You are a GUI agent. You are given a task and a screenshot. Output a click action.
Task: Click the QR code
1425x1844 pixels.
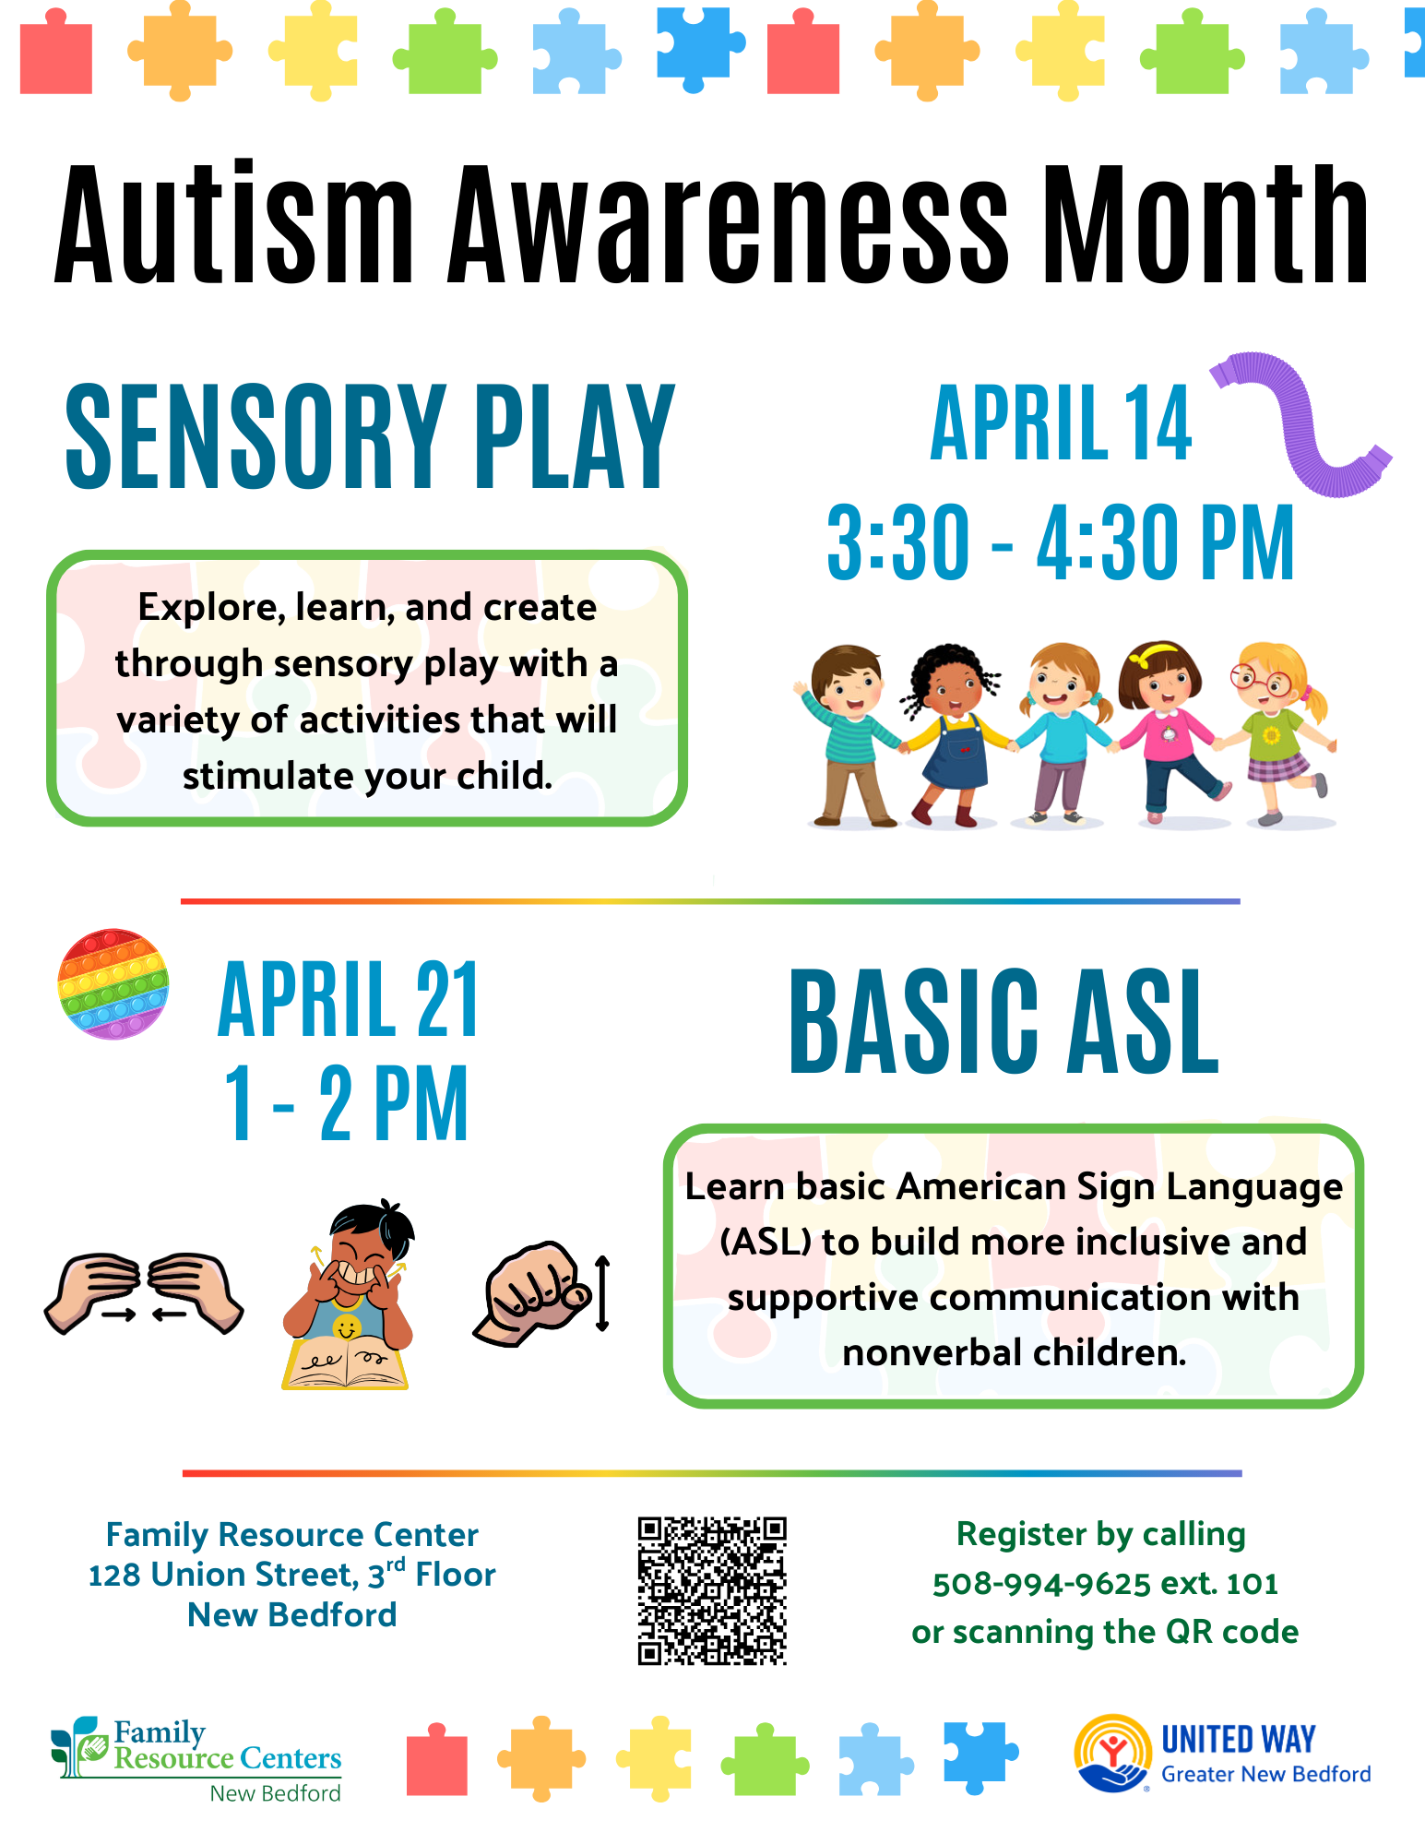click(712, 1590)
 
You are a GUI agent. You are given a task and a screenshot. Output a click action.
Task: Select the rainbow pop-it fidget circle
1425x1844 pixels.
click(113, 983)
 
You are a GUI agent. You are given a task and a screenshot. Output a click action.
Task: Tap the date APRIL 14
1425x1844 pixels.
click(1061, 423)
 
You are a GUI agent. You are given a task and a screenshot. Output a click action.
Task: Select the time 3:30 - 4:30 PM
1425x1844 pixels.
click(1061, 542)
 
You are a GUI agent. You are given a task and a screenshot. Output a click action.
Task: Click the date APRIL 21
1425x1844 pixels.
click(349, 999)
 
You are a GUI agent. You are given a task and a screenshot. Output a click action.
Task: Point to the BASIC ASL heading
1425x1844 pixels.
click(1004, 1022)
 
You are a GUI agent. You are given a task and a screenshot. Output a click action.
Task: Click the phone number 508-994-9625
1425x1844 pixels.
click(1041, 1583)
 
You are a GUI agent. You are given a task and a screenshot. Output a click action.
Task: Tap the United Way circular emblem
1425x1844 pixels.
click(1112, 1753)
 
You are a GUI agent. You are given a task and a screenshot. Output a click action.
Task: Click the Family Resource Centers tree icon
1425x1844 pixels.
click(77, 1746)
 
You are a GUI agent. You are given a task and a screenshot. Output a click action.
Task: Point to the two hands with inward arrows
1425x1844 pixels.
click(144, 1292)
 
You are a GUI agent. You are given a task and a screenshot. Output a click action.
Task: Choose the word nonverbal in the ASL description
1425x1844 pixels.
click(932, 1352)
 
